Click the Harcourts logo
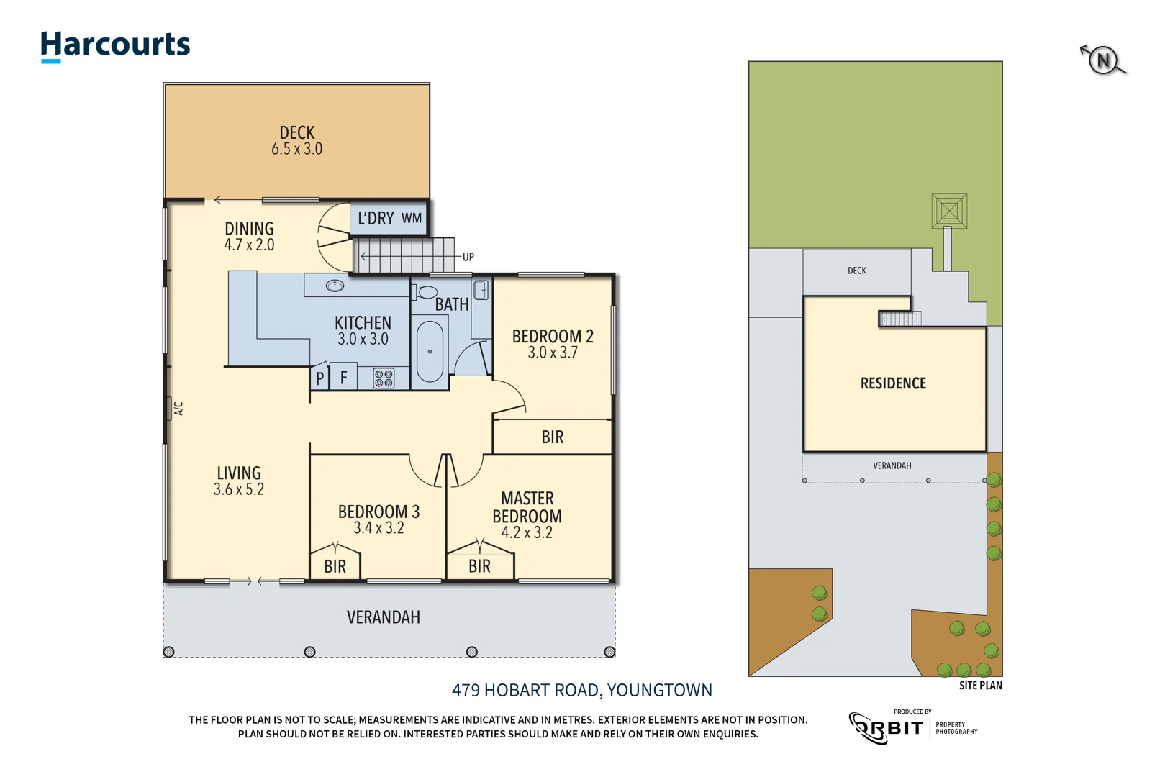pos(115,46)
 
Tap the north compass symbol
pos(1103,60)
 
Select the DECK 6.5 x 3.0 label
pos(296,141)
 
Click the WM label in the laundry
pos(412,218)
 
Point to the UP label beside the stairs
pos(468,257)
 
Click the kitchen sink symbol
pos(335,286)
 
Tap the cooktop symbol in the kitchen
pos(384,378)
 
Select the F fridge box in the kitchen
pos(344,378)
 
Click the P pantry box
pos(320,378)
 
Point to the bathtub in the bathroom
pos(430,351)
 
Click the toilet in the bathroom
pos(426,292)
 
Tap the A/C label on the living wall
pos(178,409)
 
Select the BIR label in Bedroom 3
pos(335,567)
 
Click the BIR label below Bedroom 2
pos(553,437)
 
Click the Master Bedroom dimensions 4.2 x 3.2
pos(527,533)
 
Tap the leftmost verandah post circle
pos(169,652)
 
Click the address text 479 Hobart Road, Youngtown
pos(581,691)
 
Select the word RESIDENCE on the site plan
pos(893,383)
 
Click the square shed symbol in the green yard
pos(949,211)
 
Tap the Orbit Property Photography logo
pos(912,727)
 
